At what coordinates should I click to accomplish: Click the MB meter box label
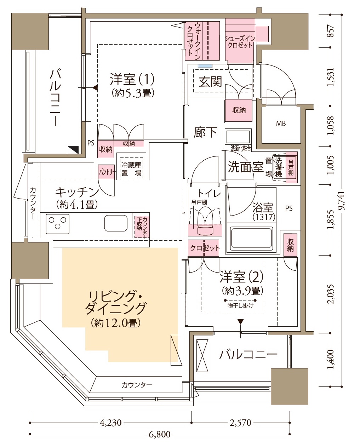pos(281,124)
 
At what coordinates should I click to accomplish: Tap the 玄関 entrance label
pos(210,81)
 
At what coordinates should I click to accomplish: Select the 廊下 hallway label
pos(205,132)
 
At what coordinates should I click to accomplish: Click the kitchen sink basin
pos(116,223)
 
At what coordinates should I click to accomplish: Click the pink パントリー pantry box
pos(107,172)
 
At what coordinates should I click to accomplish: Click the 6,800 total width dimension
pos(159,434)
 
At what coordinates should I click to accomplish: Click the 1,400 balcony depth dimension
pos(331,359)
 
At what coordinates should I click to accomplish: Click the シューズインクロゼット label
pos(240,42)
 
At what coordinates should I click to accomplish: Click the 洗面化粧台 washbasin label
pos(241,149)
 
